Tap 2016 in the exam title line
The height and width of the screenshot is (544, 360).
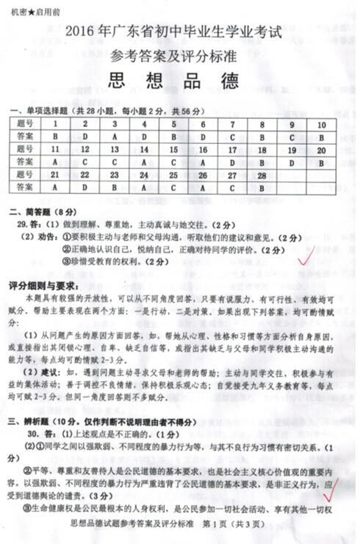79,32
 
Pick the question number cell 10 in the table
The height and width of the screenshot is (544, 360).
320,124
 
